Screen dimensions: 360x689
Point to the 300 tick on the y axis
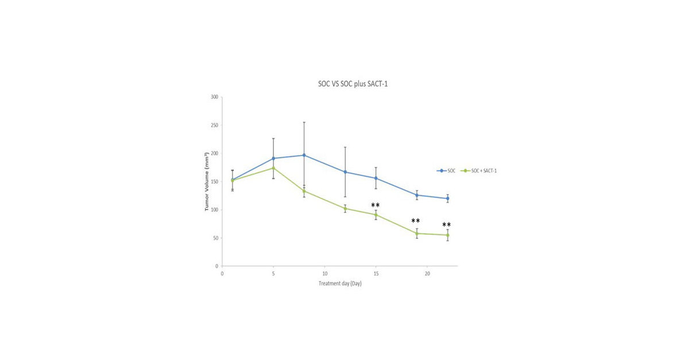(214, 97)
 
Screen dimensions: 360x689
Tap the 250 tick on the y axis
(214, 125)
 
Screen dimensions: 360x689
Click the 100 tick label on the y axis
(214, 210)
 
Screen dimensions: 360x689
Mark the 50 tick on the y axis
(215, 238)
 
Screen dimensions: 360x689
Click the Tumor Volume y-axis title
(207, 182)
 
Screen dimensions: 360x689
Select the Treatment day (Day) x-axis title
(340, 284)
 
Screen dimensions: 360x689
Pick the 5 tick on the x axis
(273, 274)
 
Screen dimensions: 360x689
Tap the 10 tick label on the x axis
(324, 274)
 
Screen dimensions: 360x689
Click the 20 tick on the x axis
(427, 274)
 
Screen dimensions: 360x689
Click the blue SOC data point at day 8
(304, 155)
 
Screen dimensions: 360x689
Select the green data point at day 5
(273, 168)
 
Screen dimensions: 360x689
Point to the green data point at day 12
(345, 208)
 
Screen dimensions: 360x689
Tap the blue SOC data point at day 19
(417, 195)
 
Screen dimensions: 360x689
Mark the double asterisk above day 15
(376, 206)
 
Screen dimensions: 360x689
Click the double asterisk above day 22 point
(446, 225)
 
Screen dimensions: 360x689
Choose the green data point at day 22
(448, 235)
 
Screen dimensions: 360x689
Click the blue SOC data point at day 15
(376, 178)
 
